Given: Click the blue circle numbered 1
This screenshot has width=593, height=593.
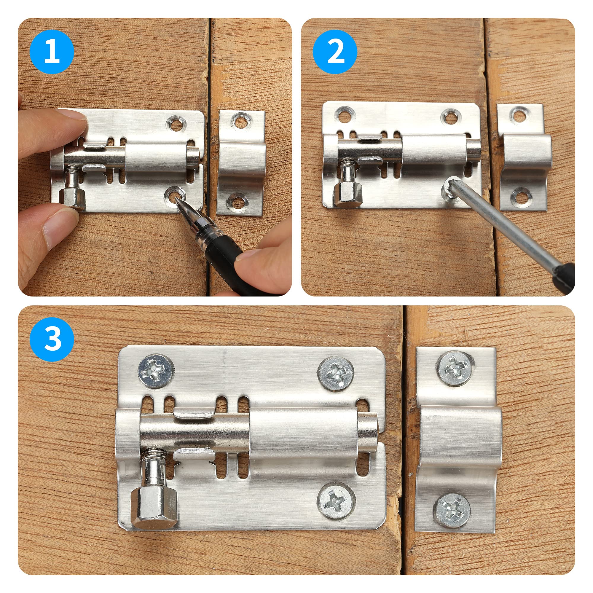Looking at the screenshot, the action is (52, 52).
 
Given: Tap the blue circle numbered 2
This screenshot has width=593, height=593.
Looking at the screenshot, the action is (335, 52).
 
